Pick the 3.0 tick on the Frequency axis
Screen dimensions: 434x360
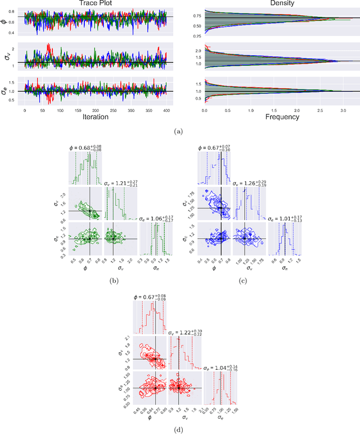pyautogui.click(x=341, y=109)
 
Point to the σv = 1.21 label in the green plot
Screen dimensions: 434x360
pyautogui.click(x=121, y=183)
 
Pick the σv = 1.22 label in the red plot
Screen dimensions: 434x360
pyautogui.click(x=187, y=333)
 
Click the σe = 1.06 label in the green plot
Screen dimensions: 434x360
pyautogui.click(x=156, y=218)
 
